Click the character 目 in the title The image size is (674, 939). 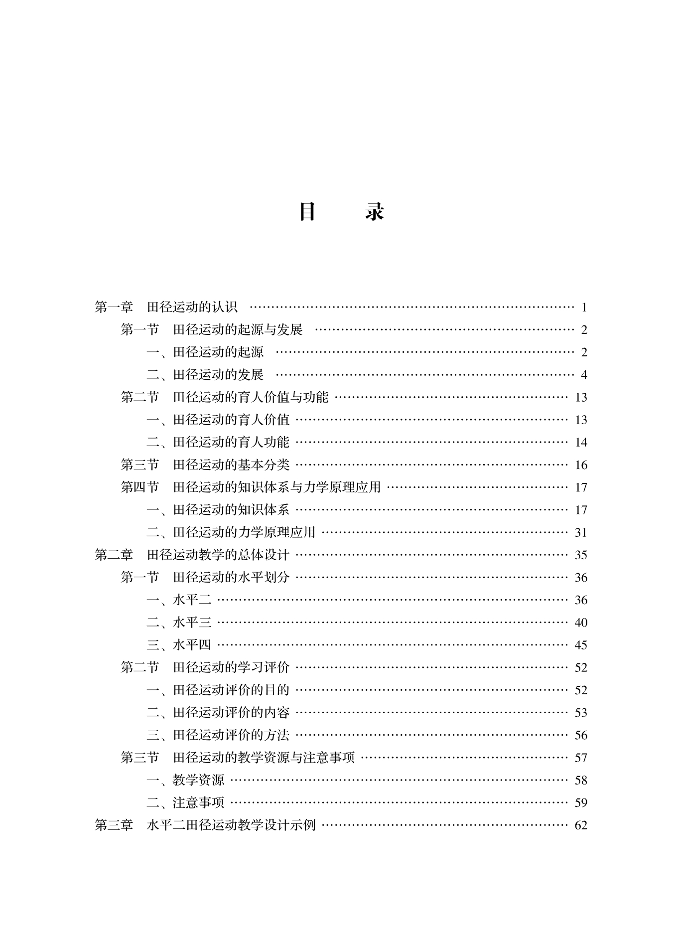[x=307, y=212]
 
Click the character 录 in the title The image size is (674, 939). [x=374, y=212]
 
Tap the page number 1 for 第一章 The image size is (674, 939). [x=584, y=308]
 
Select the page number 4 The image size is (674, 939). [x=584, y=375]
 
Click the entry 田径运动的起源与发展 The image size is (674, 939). [x=238, y=329]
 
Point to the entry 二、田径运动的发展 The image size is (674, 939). [x=205, y=375]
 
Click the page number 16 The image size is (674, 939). [x=581, y=465]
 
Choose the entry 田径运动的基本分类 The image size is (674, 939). [x=231, y=465]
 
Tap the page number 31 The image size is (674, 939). [x=581, y=533]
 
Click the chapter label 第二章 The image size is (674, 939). [x=114, y=555]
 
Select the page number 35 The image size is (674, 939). [x=581, y=555]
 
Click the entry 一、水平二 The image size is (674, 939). [x=179, y=600]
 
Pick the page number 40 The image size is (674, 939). [x=581, y=623]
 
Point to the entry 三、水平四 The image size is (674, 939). [x=179, y=645]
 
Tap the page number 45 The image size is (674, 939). [x=581, y=645]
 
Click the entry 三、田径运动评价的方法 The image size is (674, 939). [x=218, y=735]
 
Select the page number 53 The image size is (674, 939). [x=581, y=713]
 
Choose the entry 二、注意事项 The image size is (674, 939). [x=185, y=803]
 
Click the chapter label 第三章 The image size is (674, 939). [x=114, y=825]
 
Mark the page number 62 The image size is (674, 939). [x=581, y=825]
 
